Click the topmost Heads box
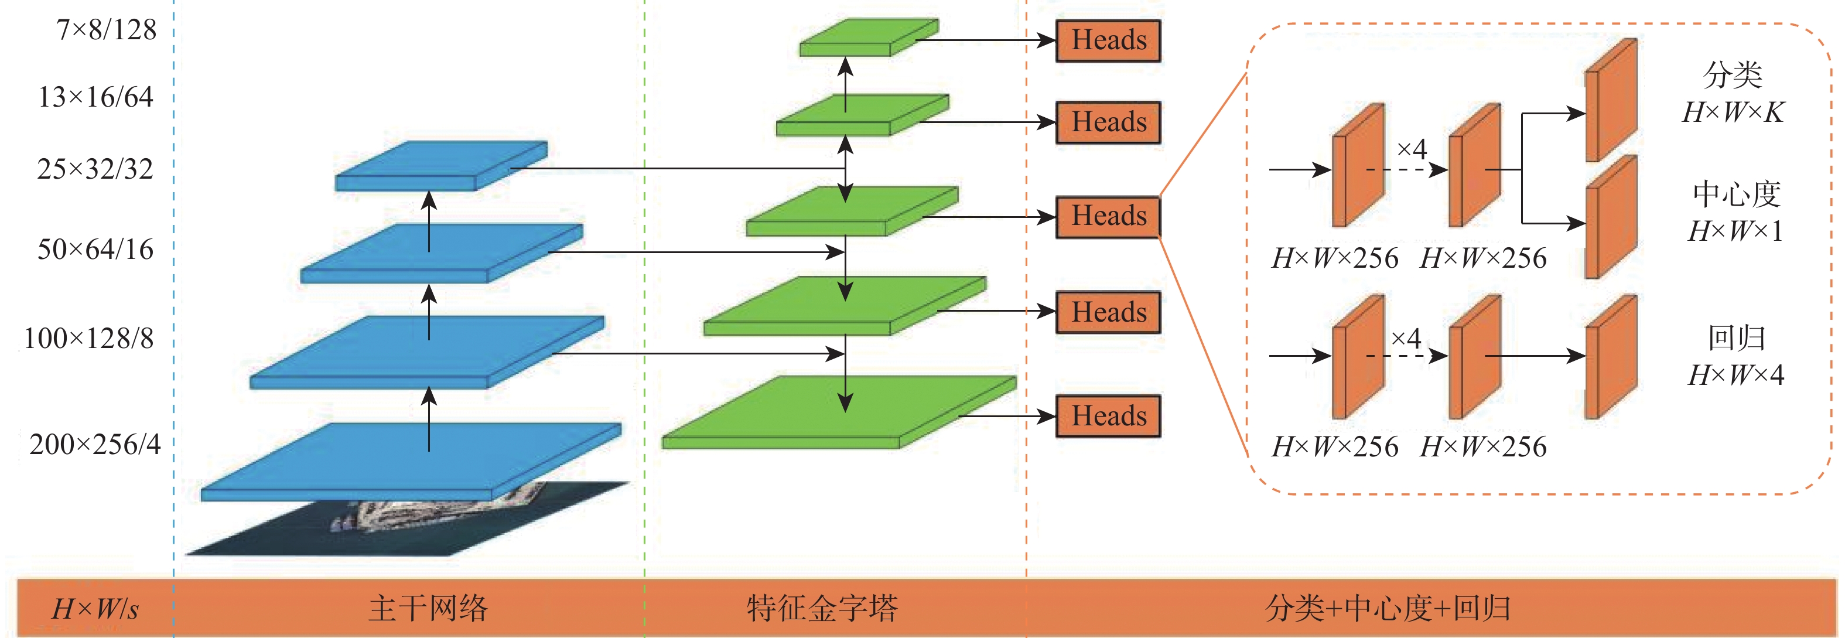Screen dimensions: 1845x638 [x=1108, y=41]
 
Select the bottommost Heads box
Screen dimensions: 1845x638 [x=1108, y=416]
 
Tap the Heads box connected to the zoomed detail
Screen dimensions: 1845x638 [x=1108, y=216]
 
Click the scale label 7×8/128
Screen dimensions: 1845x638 [x=106, y=29]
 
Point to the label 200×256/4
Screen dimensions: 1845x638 [x=94, y=444]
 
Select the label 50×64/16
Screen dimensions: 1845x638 [x=95, y=249]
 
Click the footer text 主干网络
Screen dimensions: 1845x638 [x=428, y=608]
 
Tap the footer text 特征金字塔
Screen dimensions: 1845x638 [x=822, y=608]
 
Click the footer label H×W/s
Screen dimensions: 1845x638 [x=95, y=609]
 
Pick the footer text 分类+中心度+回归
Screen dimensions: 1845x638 [x=1388, y=608]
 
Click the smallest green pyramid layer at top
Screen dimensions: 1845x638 [x=869, y=37]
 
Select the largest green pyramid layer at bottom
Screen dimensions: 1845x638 [x=839, y=412]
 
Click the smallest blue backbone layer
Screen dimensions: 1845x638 [x=441, y=165]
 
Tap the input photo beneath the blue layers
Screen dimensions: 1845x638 [x=408, y=518]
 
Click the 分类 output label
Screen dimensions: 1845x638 [x=1732, y=74]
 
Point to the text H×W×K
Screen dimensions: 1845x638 [x=1733, y=112]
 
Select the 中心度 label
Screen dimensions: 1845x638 [x=1736, y=194]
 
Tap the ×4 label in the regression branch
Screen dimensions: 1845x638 [x=1405, y=338]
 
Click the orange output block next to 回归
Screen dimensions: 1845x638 [x=1611, y=357]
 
